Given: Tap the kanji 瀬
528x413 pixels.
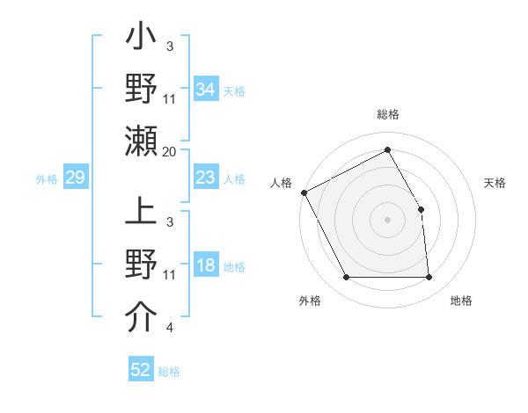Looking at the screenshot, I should tap(141, 141).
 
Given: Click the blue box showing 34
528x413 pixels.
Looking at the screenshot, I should tap(205, 90).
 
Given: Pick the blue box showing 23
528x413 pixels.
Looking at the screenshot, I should tap(205, 178).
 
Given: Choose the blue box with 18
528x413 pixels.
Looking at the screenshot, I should tap(205, 266).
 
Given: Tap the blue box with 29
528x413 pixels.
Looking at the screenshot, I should tap(75, 178).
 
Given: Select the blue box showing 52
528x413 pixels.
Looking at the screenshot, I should tap(141, 370).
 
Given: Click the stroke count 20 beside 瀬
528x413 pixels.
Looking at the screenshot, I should tap(170, 152).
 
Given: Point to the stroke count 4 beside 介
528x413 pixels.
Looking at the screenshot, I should tap(169, 329).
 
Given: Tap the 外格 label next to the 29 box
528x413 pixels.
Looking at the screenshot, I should tap(47, 179).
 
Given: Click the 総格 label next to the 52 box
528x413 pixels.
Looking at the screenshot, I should tap(169, 372).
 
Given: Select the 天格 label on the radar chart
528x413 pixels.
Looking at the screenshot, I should tap(495, 183).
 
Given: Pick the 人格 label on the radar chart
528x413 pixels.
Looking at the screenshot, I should tap(281, 183).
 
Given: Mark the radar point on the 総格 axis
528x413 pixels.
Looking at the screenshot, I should tap(387, 150).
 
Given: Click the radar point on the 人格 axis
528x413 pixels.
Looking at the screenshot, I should tap(304, 192).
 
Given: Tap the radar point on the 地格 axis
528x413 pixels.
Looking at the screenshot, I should tap(429, 278).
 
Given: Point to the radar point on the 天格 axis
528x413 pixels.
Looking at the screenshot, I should tap(421, 209).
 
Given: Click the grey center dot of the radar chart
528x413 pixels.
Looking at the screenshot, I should tap(387, 219).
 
